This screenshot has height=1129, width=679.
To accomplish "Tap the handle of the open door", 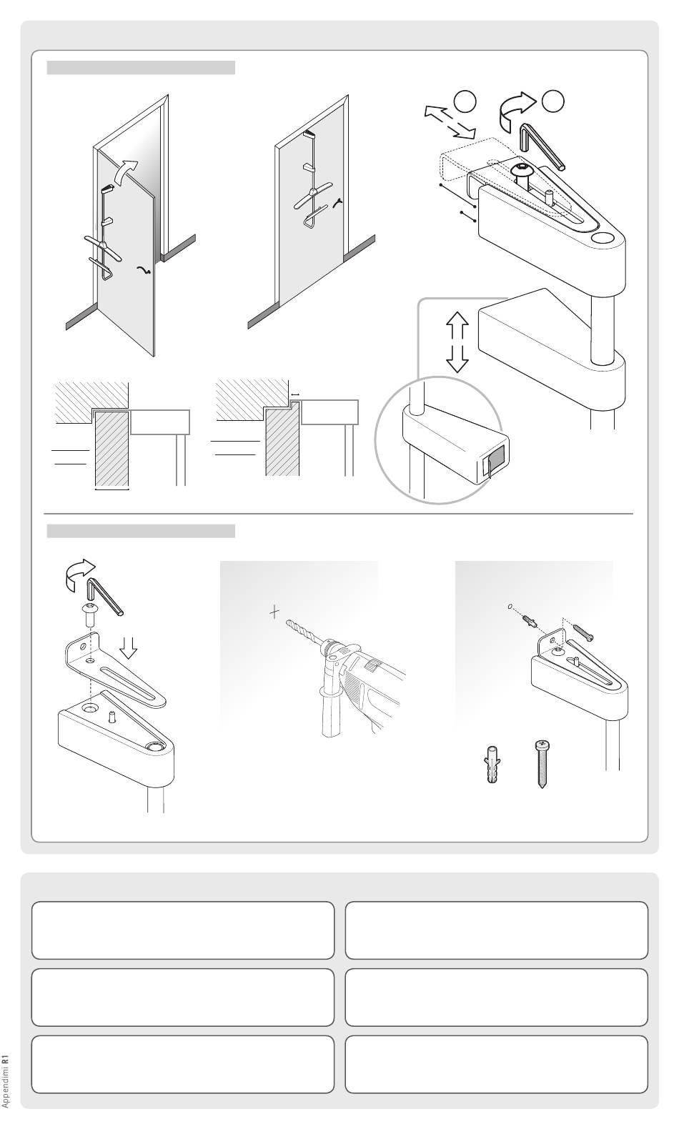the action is [144, 271].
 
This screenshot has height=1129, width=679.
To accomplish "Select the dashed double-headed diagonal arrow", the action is [450, 121].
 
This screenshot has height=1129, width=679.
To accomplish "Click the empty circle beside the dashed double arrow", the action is [465, 101].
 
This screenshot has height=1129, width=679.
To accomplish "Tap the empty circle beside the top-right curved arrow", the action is [553, 101].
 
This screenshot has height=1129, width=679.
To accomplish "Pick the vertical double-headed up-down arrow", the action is [457, 342].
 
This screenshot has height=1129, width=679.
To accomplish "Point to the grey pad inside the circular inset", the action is [493, 459].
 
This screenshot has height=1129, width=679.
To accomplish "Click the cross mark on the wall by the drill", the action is [274, 612].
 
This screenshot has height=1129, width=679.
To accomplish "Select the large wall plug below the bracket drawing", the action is [492, 764].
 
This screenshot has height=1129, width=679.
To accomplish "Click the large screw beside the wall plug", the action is [542, 764].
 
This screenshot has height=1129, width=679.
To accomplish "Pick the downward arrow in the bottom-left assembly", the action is [129, 647].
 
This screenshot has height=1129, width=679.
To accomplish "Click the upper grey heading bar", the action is [141, 68].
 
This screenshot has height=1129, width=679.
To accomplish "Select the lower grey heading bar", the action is [141, 531].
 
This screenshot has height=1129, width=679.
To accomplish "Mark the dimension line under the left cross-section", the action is [112, 488].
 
